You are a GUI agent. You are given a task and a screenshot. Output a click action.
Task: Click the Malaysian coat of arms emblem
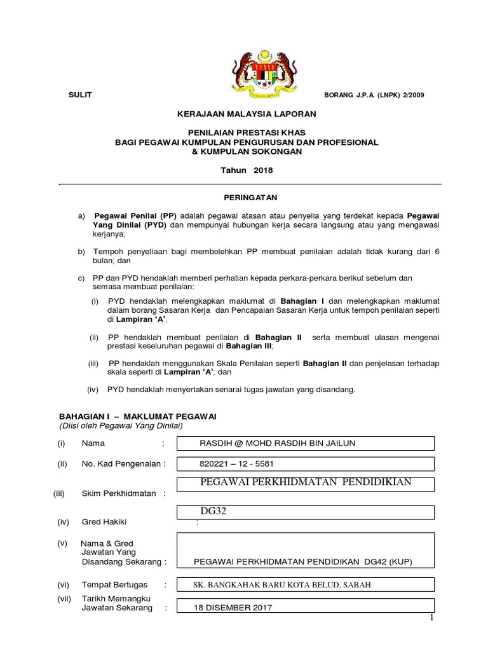pyautogui.click(x=245, y=67)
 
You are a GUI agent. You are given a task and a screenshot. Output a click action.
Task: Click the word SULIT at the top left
pyautogui.click(x=80, y=95)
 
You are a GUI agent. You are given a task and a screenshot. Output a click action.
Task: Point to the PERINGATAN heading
pyautogui.click(x=245, y=198)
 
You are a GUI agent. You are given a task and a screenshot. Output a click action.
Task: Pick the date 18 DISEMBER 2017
pyautogui.click(x=233, y=608)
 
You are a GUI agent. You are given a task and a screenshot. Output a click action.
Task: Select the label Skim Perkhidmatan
pyautogui.click(x=119, y=493)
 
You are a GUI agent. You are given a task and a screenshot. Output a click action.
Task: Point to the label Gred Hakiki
pyautogui.click(x=104, y=522)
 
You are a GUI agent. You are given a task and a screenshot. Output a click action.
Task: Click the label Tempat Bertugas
pyautogui.click(x=114, y=584)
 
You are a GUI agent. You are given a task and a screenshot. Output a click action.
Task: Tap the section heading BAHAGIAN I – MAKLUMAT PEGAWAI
pyautogui.click(x=138, y=415)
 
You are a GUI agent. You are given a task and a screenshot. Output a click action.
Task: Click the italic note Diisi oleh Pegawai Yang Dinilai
pyautogui.click(x=121, y=425)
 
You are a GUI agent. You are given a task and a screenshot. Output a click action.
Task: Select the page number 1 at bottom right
pyautogui.click(x=431, y=618)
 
